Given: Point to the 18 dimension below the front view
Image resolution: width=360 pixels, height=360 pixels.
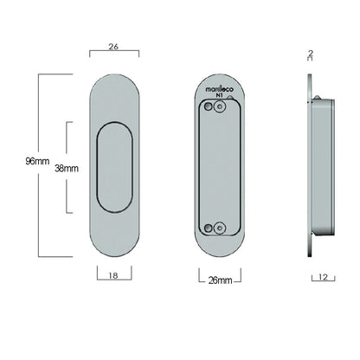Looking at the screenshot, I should [x=114, y=276].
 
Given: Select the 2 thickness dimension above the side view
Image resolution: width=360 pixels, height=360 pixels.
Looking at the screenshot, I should [x=310, y=53].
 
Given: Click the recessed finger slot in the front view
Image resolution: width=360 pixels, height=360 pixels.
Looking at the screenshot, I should [x=113, y=168].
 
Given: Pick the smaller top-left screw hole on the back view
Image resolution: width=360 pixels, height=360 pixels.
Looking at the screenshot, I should [x=209, y=108].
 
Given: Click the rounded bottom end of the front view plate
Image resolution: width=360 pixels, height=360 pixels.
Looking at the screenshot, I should [x=113, y=247].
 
